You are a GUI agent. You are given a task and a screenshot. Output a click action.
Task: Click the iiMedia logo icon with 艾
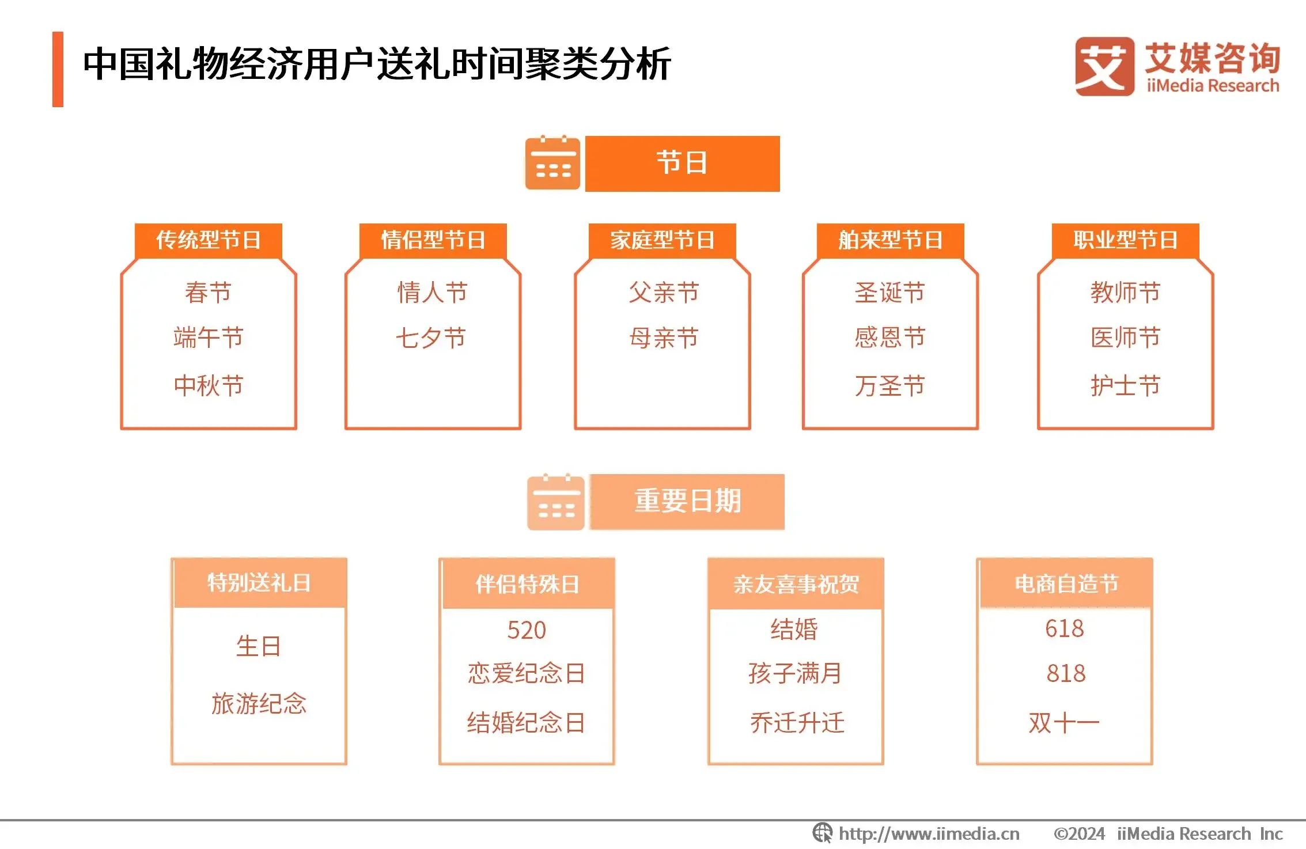1103,66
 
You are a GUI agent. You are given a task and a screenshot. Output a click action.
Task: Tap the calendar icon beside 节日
552,163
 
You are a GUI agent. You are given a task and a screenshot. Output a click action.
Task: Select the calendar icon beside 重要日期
555,502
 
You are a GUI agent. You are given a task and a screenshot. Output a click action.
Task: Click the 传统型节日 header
208,240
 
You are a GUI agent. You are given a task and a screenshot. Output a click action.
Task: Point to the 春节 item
208,292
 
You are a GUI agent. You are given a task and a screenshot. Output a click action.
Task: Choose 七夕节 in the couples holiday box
431,338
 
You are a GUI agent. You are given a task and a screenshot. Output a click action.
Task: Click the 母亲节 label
664,338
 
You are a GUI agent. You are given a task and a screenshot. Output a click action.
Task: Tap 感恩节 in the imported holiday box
889,338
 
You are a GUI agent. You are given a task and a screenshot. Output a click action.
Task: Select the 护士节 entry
1125,385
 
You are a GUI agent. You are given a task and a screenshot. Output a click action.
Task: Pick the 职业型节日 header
1125,240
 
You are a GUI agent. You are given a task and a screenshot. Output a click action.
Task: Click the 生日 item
258,646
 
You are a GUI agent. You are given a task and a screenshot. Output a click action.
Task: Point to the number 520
526,630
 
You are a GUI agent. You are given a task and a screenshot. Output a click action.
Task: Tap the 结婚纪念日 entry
526,722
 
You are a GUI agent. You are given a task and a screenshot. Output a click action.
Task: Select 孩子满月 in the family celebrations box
795,673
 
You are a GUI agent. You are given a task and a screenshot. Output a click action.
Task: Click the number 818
1066,673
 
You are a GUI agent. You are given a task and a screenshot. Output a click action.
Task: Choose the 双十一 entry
1064,722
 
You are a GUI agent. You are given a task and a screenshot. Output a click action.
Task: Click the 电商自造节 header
1066,584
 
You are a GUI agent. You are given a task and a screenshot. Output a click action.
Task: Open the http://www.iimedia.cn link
928,833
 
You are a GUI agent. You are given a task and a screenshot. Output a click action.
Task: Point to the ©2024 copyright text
1079,833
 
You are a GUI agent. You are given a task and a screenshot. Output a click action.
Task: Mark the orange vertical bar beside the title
58,69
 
